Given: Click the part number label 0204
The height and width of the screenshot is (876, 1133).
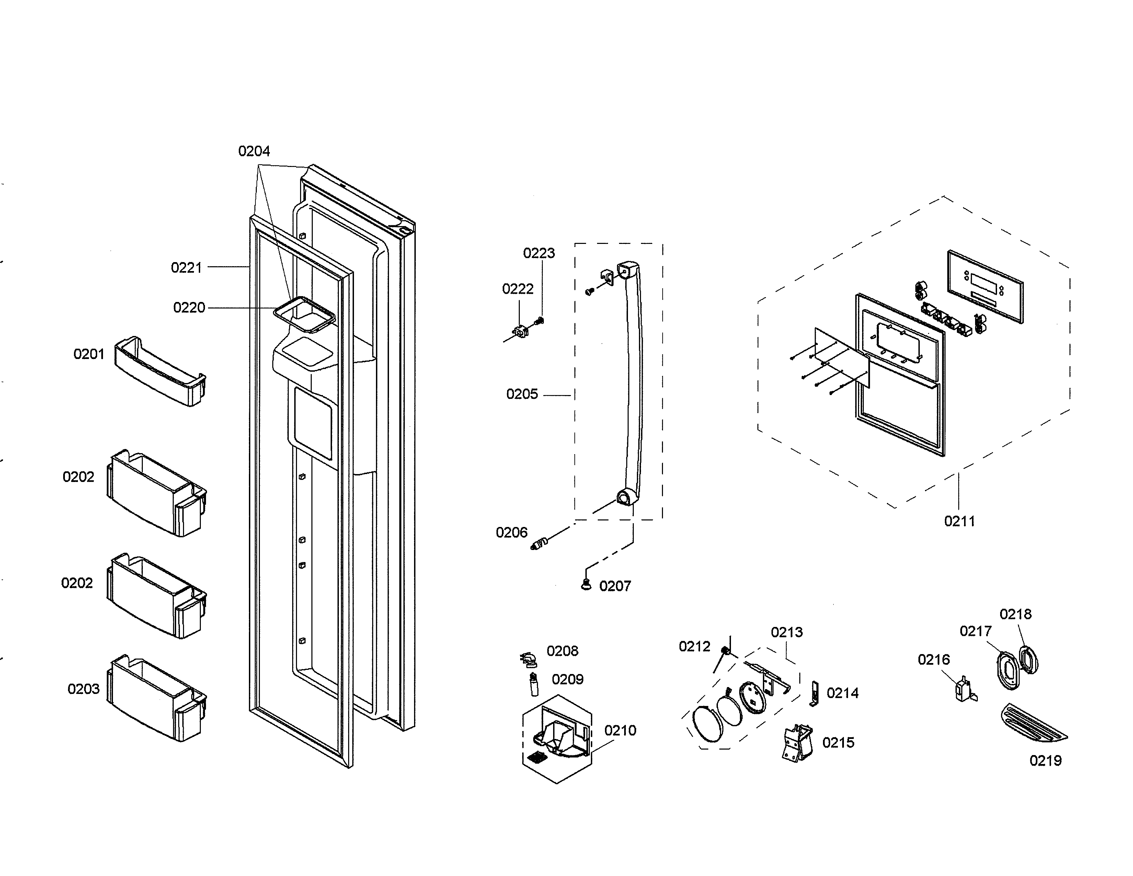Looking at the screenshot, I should click(254, 151).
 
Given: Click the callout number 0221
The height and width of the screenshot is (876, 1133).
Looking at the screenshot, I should click(186, 268).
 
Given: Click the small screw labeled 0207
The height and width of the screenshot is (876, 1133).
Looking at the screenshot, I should click(586, 585).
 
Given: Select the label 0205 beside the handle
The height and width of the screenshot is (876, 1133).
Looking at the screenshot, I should click(522, 394).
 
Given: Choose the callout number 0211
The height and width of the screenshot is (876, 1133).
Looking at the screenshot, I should click(959, 521).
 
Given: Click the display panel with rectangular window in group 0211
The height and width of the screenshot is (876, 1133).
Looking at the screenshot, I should click(985, 287).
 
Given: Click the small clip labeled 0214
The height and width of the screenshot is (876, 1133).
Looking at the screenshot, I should click(814, 693).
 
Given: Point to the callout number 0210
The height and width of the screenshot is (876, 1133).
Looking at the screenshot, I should click(620, 731).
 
